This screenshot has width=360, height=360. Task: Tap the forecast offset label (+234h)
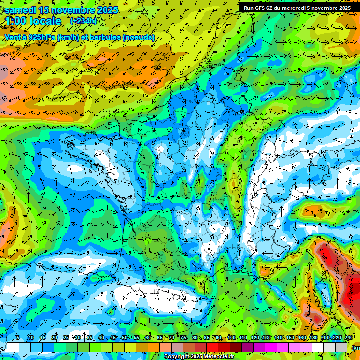83,21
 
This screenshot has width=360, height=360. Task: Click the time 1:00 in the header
16,21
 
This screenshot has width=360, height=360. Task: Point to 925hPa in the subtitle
41,37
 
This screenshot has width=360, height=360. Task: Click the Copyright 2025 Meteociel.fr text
199,356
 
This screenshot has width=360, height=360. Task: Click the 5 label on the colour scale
18,338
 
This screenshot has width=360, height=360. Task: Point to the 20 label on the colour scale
54,338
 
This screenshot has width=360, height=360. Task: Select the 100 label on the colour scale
231,338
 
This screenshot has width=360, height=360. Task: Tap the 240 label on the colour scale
348,338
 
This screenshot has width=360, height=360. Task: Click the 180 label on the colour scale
313,338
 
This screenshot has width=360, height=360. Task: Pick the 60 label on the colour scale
148,338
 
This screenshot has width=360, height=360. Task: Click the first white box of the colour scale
13,347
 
